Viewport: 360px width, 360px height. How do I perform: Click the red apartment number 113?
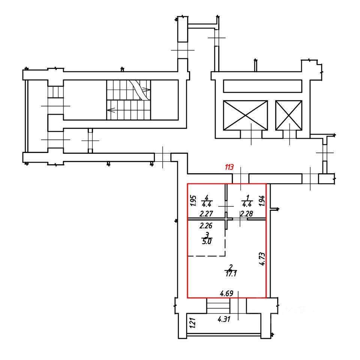point(229,168)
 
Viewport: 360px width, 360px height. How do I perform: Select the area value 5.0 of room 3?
point(207,241)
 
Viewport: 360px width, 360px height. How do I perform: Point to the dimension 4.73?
point(262,259)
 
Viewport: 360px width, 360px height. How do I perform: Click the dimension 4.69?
point(226,293)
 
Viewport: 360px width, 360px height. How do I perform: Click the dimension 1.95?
point(193,201)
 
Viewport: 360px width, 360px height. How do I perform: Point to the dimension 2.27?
point(207,214)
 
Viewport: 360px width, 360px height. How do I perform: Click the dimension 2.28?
point(246,214)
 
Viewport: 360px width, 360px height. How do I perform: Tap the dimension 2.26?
point(206,226)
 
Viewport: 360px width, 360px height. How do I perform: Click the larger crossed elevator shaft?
point(245,115)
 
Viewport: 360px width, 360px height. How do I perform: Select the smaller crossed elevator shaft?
point(289,115)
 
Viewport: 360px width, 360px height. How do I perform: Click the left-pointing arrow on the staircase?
point(110,110)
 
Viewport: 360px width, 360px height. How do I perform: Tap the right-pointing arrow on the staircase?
point(146,90)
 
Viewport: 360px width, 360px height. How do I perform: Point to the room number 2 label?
point(231,267)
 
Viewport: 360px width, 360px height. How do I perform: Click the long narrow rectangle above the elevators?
point(262,86)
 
